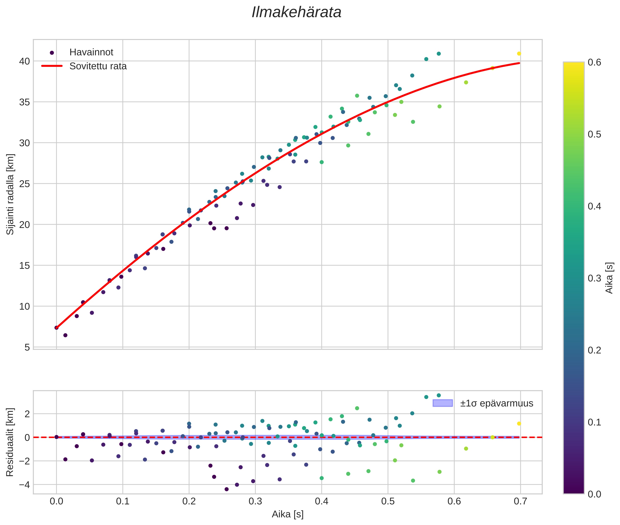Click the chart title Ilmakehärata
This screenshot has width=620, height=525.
tap(296, 12)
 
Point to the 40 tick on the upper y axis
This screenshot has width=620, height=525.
tap(24, 61)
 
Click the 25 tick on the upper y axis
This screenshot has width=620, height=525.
tap(24, 184)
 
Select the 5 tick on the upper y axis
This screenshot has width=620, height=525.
tap(27, 347)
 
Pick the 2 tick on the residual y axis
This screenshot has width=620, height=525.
tap(27, 414)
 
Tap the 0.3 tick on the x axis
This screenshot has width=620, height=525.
tap(255, 501)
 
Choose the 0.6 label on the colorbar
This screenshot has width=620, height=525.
tap(594, 62)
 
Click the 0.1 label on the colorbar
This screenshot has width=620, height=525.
tap(594, 422)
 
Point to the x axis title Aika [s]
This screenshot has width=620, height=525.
tap(288, 514)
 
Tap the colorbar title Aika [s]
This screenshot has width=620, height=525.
tap(609, 278)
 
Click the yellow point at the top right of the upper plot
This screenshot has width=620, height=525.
tap(519, 54)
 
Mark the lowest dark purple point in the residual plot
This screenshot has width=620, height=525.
tap(226, 489)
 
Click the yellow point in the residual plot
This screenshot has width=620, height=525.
tap(519, 424)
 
